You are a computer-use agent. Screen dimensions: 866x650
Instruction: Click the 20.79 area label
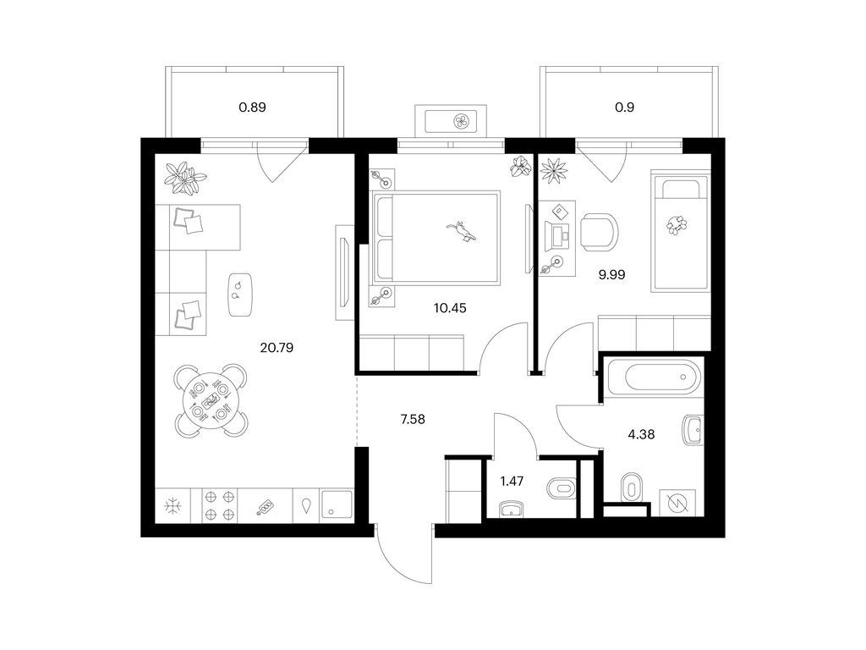277,348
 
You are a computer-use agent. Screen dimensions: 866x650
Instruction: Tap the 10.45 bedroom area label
450,308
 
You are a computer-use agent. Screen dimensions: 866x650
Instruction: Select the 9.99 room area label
612,274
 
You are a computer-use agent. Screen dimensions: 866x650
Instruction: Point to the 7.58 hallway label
413,420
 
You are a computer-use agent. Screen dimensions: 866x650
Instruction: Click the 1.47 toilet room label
512,482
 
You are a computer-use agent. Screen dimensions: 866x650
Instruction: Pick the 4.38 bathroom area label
641,434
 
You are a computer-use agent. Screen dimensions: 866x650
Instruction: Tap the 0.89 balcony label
252,107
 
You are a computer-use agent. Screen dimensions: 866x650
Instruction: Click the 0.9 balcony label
625,107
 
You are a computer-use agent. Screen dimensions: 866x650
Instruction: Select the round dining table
210,400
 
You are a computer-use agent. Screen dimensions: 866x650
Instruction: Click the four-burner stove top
220,506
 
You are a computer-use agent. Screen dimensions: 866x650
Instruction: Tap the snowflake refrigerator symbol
173,506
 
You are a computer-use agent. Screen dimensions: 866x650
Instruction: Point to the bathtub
655,377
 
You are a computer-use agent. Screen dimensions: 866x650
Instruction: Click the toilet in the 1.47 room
562,488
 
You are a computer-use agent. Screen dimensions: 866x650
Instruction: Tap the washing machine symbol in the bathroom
674,503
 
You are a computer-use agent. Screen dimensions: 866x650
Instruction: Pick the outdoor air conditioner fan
461,122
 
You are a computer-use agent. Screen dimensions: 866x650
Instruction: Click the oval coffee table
239,295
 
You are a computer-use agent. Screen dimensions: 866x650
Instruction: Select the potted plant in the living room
185,178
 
